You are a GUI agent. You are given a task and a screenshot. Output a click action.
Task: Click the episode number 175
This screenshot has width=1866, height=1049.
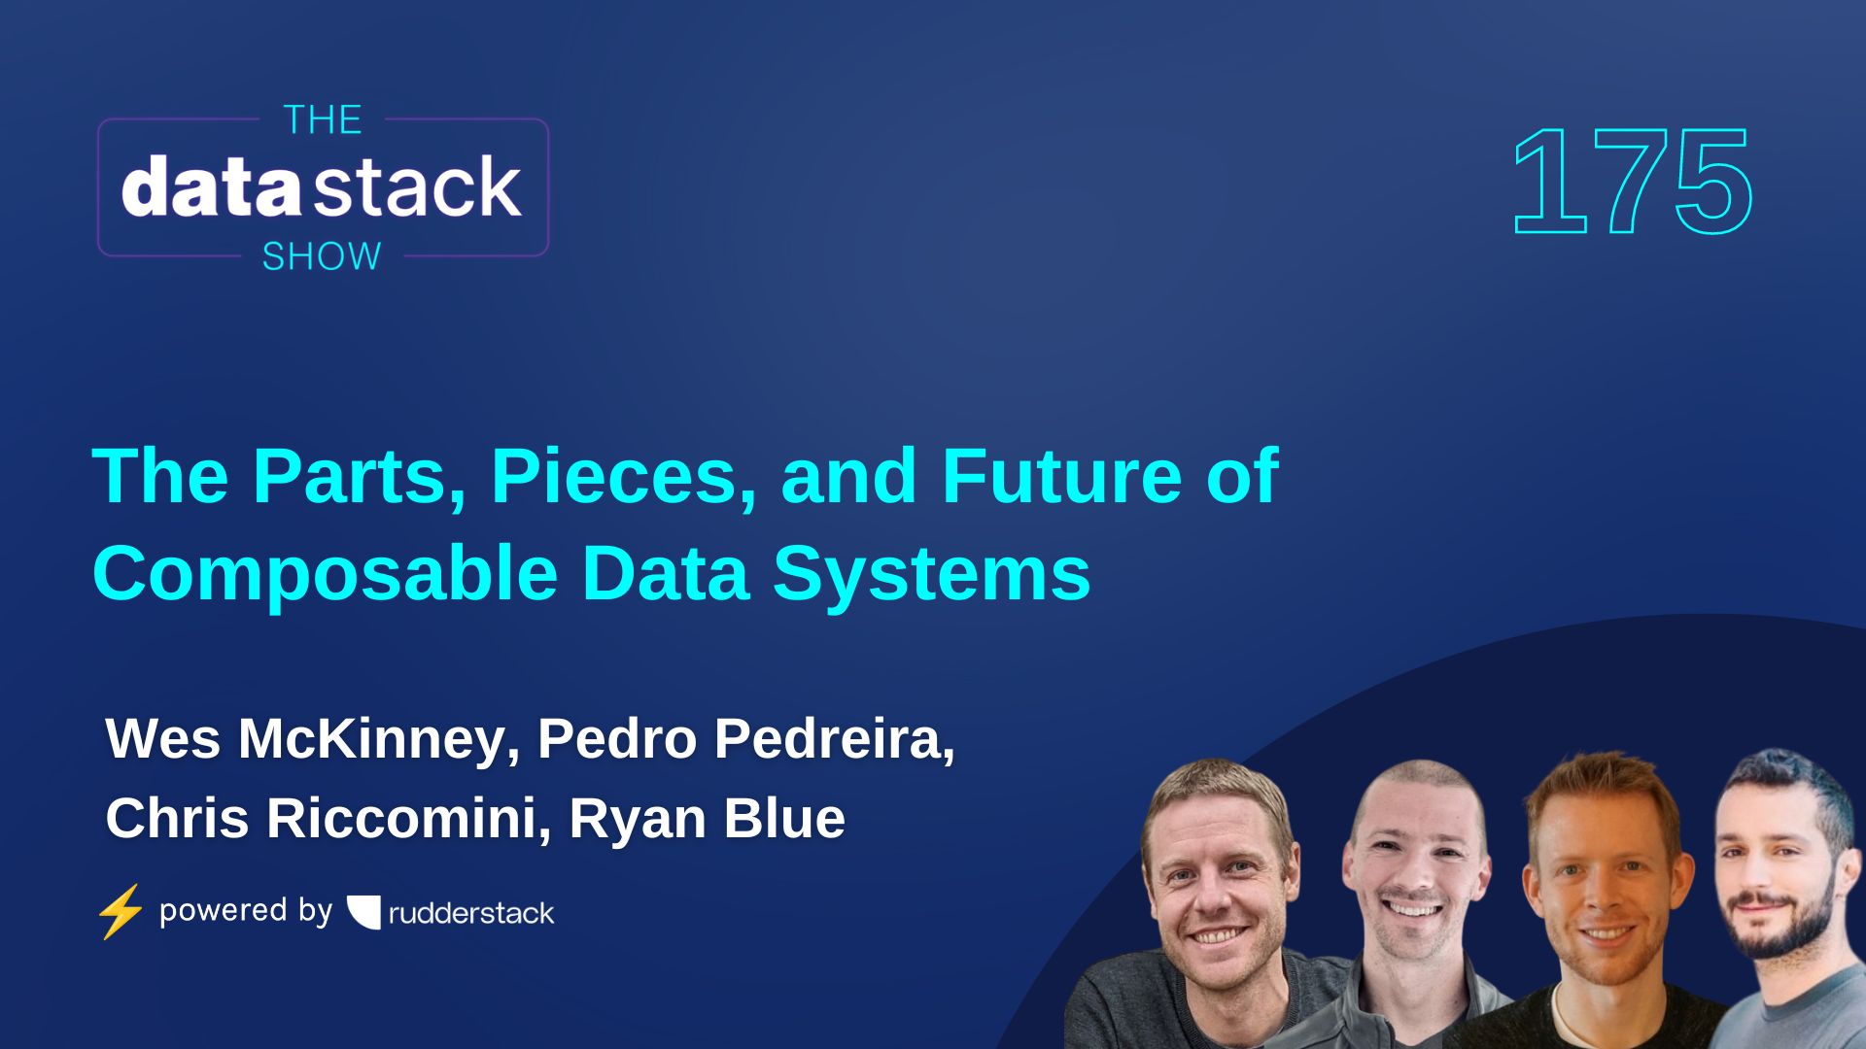[x=1633, y=183]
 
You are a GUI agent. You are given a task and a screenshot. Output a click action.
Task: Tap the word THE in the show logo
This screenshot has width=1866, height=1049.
[x=323, y=120]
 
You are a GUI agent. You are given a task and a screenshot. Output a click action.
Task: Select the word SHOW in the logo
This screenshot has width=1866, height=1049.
[x=322, y=256]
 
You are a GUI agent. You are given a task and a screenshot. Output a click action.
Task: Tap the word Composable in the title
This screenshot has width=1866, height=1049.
[x=325, y=573]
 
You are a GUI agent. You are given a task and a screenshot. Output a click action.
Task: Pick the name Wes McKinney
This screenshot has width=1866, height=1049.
[x=305, y=739]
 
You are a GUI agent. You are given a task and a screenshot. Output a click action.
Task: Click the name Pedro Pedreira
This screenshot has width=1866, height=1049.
[x=745, y=739]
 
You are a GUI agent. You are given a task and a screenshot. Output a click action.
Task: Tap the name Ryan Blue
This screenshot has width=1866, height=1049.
[x=707, y=819]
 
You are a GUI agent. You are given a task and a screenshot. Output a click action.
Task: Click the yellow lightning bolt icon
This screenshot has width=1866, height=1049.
[x=121, y=911]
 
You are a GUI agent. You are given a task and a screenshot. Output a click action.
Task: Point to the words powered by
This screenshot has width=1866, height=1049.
[x=245, y=911]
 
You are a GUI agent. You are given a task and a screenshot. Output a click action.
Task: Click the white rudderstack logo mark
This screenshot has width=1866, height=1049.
[x=364, y=912]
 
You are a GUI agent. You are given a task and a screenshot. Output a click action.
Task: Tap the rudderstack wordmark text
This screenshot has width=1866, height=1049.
[x=471, y=913]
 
